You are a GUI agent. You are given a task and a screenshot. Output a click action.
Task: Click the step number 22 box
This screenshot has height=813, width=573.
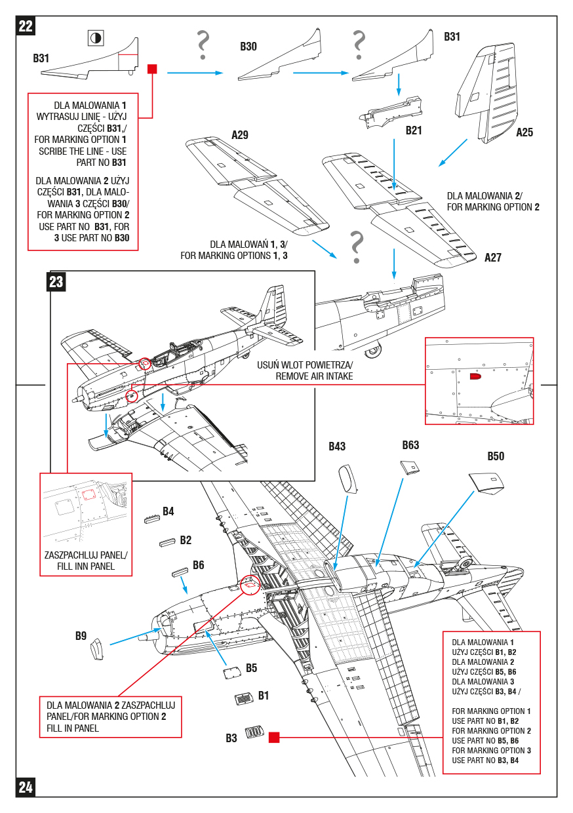(x=26, y=26)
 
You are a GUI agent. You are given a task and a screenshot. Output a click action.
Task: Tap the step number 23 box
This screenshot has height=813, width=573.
(x=56, y=281)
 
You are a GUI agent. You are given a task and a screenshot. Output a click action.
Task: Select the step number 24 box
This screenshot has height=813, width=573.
(x=26, y=787)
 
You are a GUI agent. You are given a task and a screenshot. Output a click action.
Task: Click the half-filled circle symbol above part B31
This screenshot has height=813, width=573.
(x=96, y=38)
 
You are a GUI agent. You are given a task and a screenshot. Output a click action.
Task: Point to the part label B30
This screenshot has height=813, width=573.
(x=248, y=47)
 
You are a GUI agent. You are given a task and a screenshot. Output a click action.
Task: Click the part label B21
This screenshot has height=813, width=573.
(x=414, y=130)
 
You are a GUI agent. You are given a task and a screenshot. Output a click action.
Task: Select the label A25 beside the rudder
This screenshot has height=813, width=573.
(x=524, y=132)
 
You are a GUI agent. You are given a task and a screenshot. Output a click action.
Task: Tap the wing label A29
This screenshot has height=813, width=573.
(x=240, y=136)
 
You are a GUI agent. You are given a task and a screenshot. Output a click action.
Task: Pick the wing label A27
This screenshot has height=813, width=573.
(x=493, y=258)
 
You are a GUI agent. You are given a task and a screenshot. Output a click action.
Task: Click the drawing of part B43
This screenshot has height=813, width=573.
(x=348, y=477)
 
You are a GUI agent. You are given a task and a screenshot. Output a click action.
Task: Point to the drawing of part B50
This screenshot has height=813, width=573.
(x=487, y=483)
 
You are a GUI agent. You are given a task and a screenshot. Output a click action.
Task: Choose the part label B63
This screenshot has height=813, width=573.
(x=410, y=446)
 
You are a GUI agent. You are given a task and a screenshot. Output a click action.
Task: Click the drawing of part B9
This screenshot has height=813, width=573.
(x=97, y=648)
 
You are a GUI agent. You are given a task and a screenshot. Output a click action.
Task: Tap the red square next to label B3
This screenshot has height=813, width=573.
(x=274, y=738)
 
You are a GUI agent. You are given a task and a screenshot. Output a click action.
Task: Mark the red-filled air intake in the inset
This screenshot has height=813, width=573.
(x=475, y=377)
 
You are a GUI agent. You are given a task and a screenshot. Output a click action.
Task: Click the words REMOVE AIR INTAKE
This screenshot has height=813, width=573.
(x=314, y=376)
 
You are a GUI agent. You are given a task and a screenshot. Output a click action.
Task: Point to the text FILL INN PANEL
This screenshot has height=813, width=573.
(x=86, y=566)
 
